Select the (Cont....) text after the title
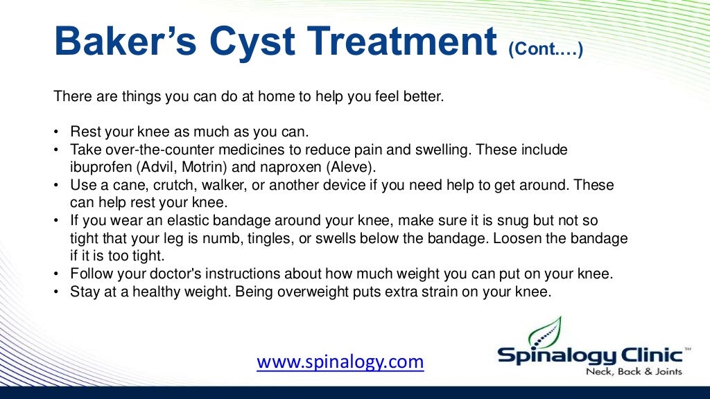pos(545,49)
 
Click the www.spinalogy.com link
pos(340,362)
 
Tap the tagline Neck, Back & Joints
pos(634,372)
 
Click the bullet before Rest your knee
pos(56,132)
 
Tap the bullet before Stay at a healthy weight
pos(56,292)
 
